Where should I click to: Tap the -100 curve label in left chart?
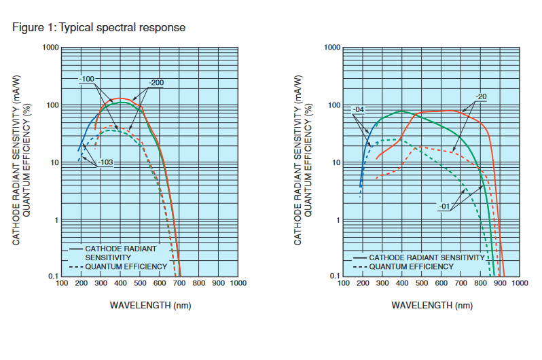click(86, 79)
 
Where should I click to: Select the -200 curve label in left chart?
click(156, 83)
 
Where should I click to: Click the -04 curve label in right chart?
click(359, 109)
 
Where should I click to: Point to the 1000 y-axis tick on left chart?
click(50, 48)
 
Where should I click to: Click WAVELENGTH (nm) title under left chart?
click(150, 305)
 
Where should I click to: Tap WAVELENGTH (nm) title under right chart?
click(432, 305)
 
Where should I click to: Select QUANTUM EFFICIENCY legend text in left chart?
click(126, 266)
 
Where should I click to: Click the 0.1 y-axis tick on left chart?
click(52, 276)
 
